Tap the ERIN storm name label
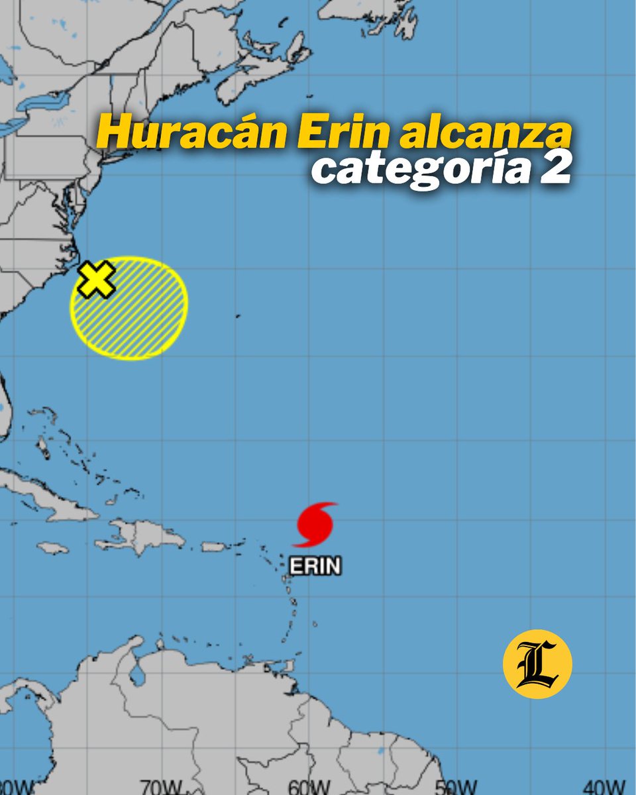pyautogui.click(x=315, y=566)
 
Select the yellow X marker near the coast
pyautogui.click(x=96, y=280)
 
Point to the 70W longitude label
pyautogui.click(x=161, y=787)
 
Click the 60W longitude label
pyautogui.click(x=309, y=787)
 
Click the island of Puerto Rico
pyautogui.click(x=213, y=547)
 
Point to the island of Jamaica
pyautogui.click(x=52, y=548)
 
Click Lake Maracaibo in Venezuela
pyautogui.click(x=138, y=674)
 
